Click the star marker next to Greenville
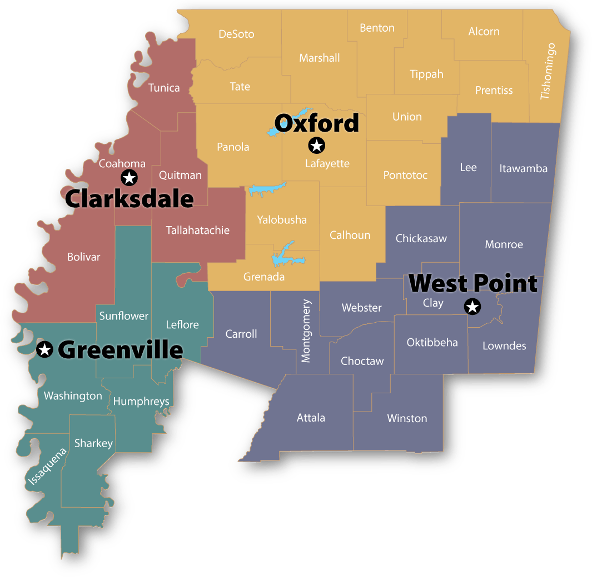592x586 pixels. [x=44, y=349]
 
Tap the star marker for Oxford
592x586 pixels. [x=316, y=146]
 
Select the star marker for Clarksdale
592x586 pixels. [x=129, y=178]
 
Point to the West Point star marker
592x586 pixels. [x=472, y=306]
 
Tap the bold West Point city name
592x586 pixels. [x=473, y=283]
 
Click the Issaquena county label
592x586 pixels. [x=47, y=466]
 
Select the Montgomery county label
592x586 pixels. [x=306, y=331]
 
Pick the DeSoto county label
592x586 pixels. [x=236, y=34]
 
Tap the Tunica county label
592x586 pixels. [x=164, y=88]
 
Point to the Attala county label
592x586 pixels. [x=311, y=418]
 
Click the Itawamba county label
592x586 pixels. [x=523, y=168]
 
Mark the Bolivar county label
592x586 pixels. [x=84, y=257]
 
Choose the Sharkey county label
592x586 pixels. [x=93, y=443]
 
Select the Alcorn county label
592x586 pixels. [x=484, y=32]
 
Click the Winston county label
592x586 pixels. [x=407, y=418]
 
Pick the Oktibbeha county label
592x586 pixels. [x=432, y=342]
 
